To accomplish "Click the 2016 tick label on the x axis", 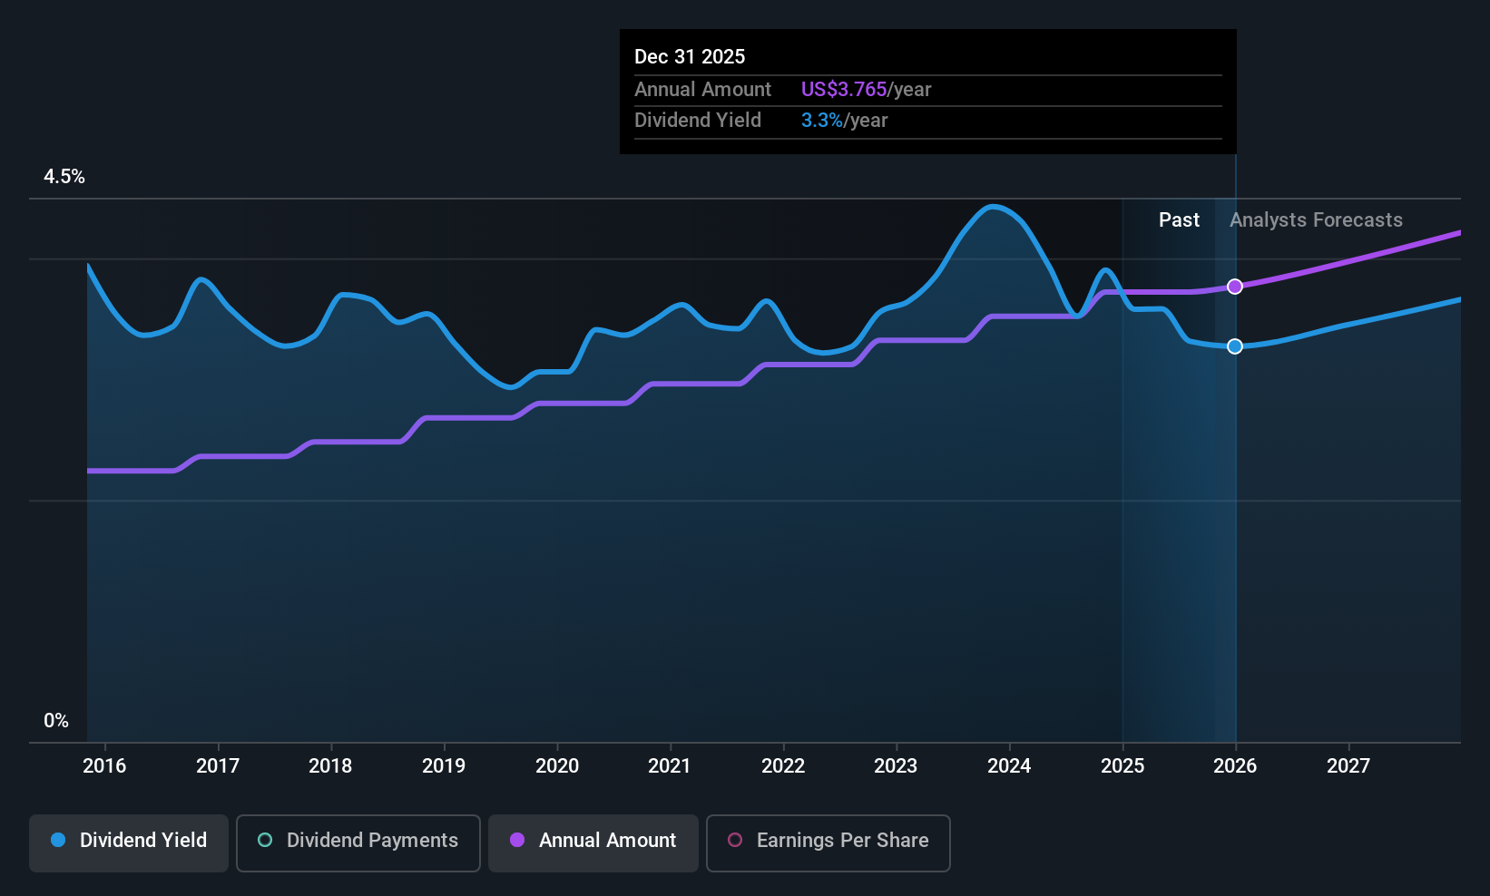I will (x=104, y=765).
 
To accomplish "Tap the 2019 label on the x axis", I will (x=444, y=765).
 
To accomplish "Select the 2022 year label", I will (x=783, y=765).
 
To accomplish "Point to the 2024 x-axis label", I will (x=1009, y=765).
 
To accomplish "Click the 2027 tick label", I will (x=1348, y=765).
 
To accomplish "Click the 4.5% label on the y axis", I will (x=64, y=177).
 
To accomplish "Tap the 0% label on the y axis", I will (x=56, y=721).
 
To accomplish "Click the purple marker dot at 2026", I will (x=1235, y=287).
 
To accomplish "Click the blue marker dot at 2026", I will (x=1235, y=346).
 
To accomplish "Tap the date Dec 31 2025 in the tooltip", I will (x=690, y=57).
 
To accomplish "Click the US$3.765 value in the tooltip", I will (x=843, y=90).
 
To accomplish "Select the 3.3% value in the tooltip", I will (x=821, y=121).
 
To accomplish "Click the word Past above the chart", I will (x=1179, y=220).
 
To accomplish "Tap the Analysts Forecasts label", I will (x=1316, y=220).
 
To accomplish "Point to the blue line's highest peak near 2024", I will (x=994, y=207).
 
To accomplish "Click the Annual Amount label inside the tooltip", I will (x=702, y=90).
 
